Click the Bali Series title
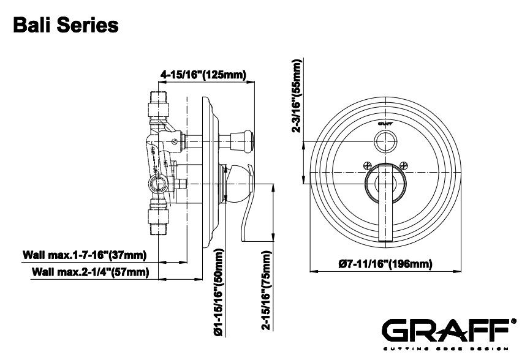point(64,26)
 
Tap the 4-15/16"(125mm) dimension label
point(203,75)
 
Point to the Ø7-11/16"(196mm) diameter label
point(385,264)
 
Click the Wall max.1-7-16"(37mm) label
point(83,254)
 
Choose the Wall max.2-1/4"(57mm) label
point(89,272)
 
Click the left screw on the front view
point(367,164)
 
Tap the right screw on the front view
point(404,164)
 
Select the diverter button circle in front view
point(385,141)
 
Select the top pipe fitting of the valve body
point(159,104)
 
